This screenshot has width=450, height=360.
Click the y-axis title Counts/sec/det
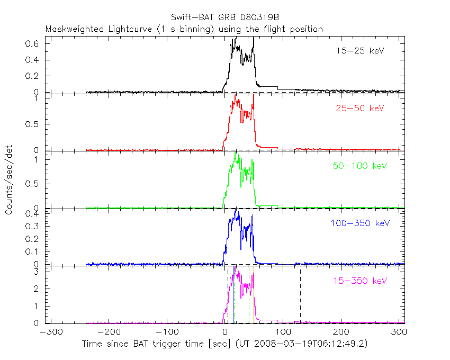[x=10, y=179]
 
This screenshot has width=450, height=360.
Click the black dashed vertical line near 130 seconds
[x=300, y=296]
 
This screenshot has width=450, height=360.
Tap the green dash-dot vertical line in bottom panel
[x=249, y=296]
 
